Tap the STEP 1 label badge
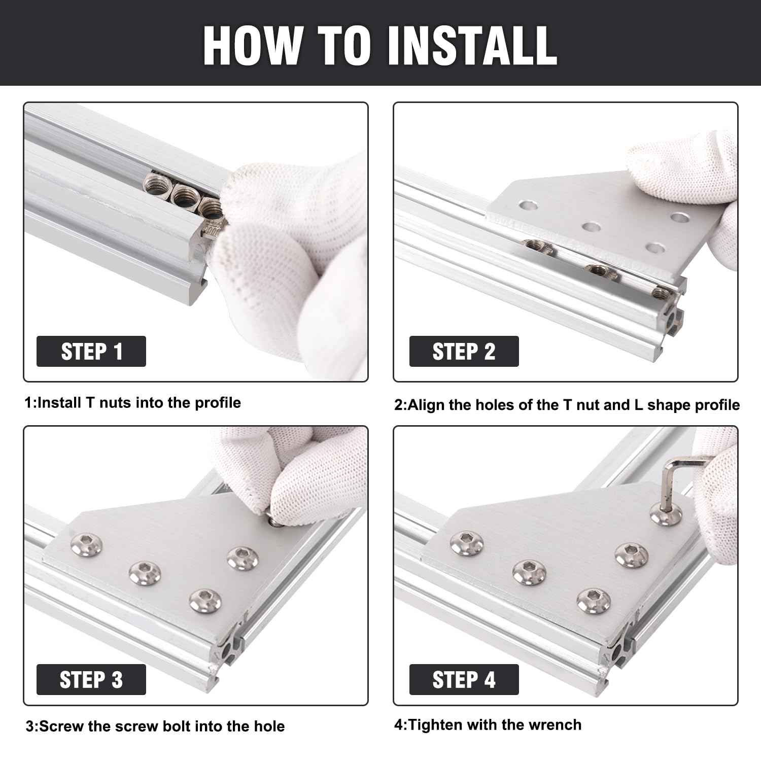point(91,351)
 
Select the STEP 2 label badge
point(464,351)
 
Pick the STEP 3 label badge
point(91,679)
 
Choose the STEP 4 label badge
point(464,679)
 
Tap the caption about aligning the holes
point(567,405)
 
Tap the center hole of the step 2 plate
point(590,226)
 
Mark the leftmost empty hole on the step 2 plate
point(527,205)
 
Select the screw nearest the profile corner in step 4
point(592,600)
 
